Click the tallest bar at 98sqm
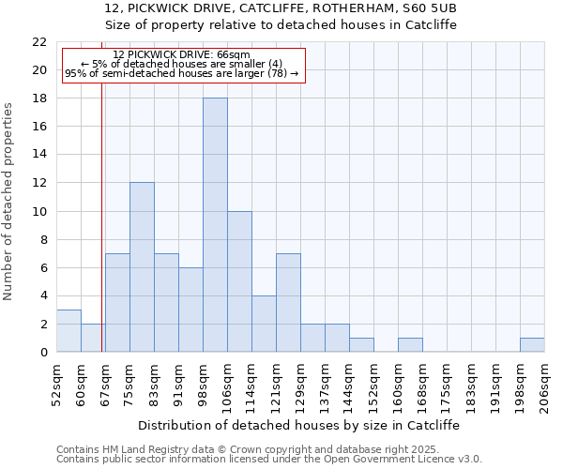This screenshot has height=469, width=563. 215,225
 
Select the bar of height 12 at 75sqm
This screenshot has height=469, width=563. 142,267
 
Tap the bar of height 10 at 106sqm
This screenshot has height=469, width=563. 239,281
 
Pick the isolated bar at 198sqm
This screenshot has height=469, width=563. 532,345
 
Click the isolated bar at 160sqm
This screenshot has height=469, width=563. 410,345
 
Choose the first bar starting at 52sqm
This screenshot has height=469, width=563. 68,331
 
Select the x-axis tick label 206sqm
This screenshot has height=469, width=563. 545,385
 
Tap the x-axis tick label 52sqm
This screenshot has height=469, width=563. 57,385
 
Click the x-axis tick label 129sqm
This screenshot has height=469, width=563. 301,385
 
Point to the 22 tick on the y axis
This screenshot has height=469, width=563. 39,42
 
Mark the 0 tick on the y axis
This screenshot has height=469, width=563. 43,353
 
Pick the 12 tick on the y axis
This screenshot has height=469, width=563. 39,183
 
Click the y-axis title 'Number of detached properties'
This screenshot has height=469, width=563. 9,202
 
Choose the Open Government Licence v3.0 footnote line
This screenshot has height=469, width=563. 269,460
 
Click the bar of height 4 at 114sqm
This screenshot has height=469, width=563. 264,324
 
